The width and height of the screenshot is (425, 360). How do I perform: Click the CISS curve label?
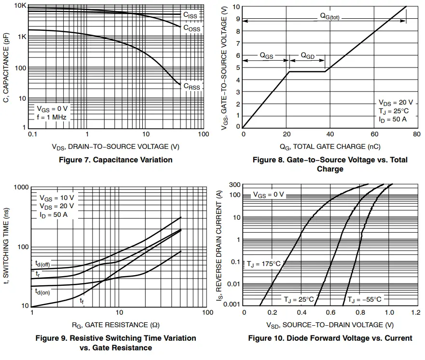[x=190, y=15]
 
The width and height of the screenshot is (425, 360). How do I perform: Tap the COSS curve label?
[x=191, y=28]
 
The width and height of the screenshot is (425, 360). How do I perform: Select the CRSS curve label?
[x=191, y=87]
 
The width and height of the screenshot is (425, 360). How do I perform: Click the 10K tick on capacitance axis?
[x=20, y=6]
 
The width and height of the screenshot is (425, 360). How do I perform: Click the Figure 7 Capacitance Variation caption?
[x=116, y=160]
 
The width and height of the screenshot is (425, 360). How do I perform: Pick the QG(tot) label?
[x=330, y=16]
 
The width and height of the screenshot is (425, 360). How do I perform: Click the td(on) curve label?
[x=42, y=292]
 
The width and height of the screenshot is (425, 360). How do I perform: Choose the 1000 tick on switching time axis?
[x=19, y=187]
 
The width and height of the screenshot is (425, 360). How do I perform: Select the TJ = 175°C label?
[x=264, y=264]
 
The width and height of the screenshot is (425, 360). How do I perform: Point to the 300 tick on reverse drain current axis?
[x=234, y=185]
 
